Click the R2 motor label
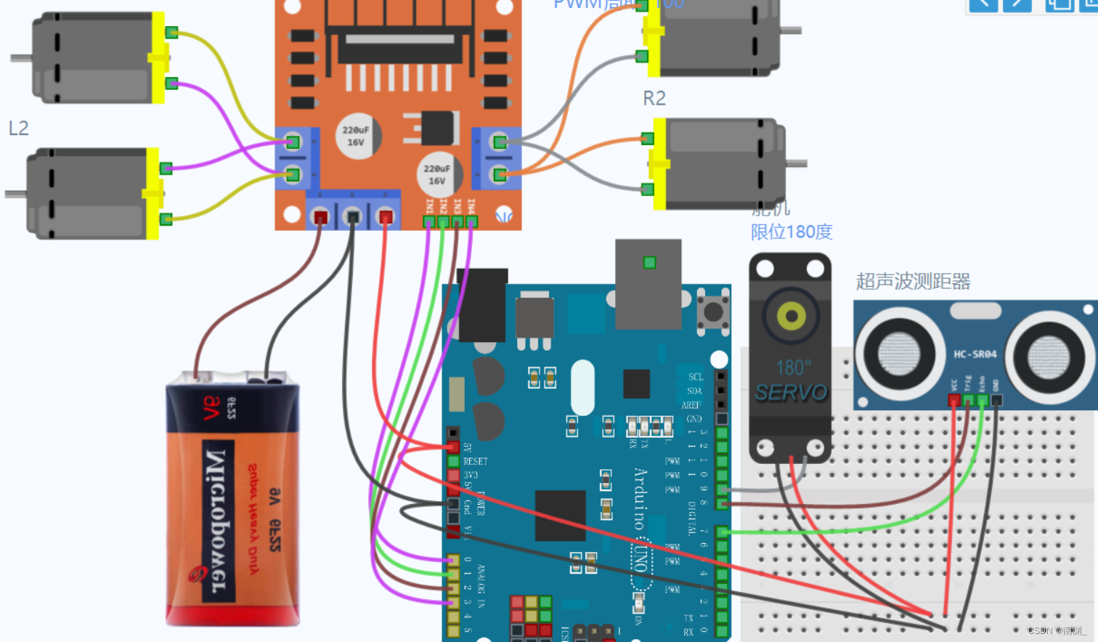tap(654, 98)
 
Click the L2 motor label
tap(18, 129)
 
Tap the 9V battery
tap(232, 501)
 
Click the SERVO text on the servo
tap(791, 393)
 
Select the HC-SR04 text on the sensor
tap(975, 354)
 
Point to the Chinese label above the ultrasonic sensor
tap(913, 282)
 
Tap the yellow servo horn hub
tap(791, 316)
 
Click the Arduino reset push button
tap(713, 312)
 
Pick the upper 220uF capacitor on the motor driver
tap(356, 136)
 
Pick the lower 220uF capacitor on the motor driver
tap(437, 174)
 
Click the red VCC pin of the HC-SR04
tap(954, 400)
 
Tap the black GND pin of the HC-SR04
tap(996, 400)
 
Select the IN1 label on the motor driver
tap(429, 206)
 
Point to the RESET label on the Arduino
tap(475, 461)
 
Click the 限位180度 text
tap(792, 232)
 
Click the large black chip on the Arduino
tap(560, 515)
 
